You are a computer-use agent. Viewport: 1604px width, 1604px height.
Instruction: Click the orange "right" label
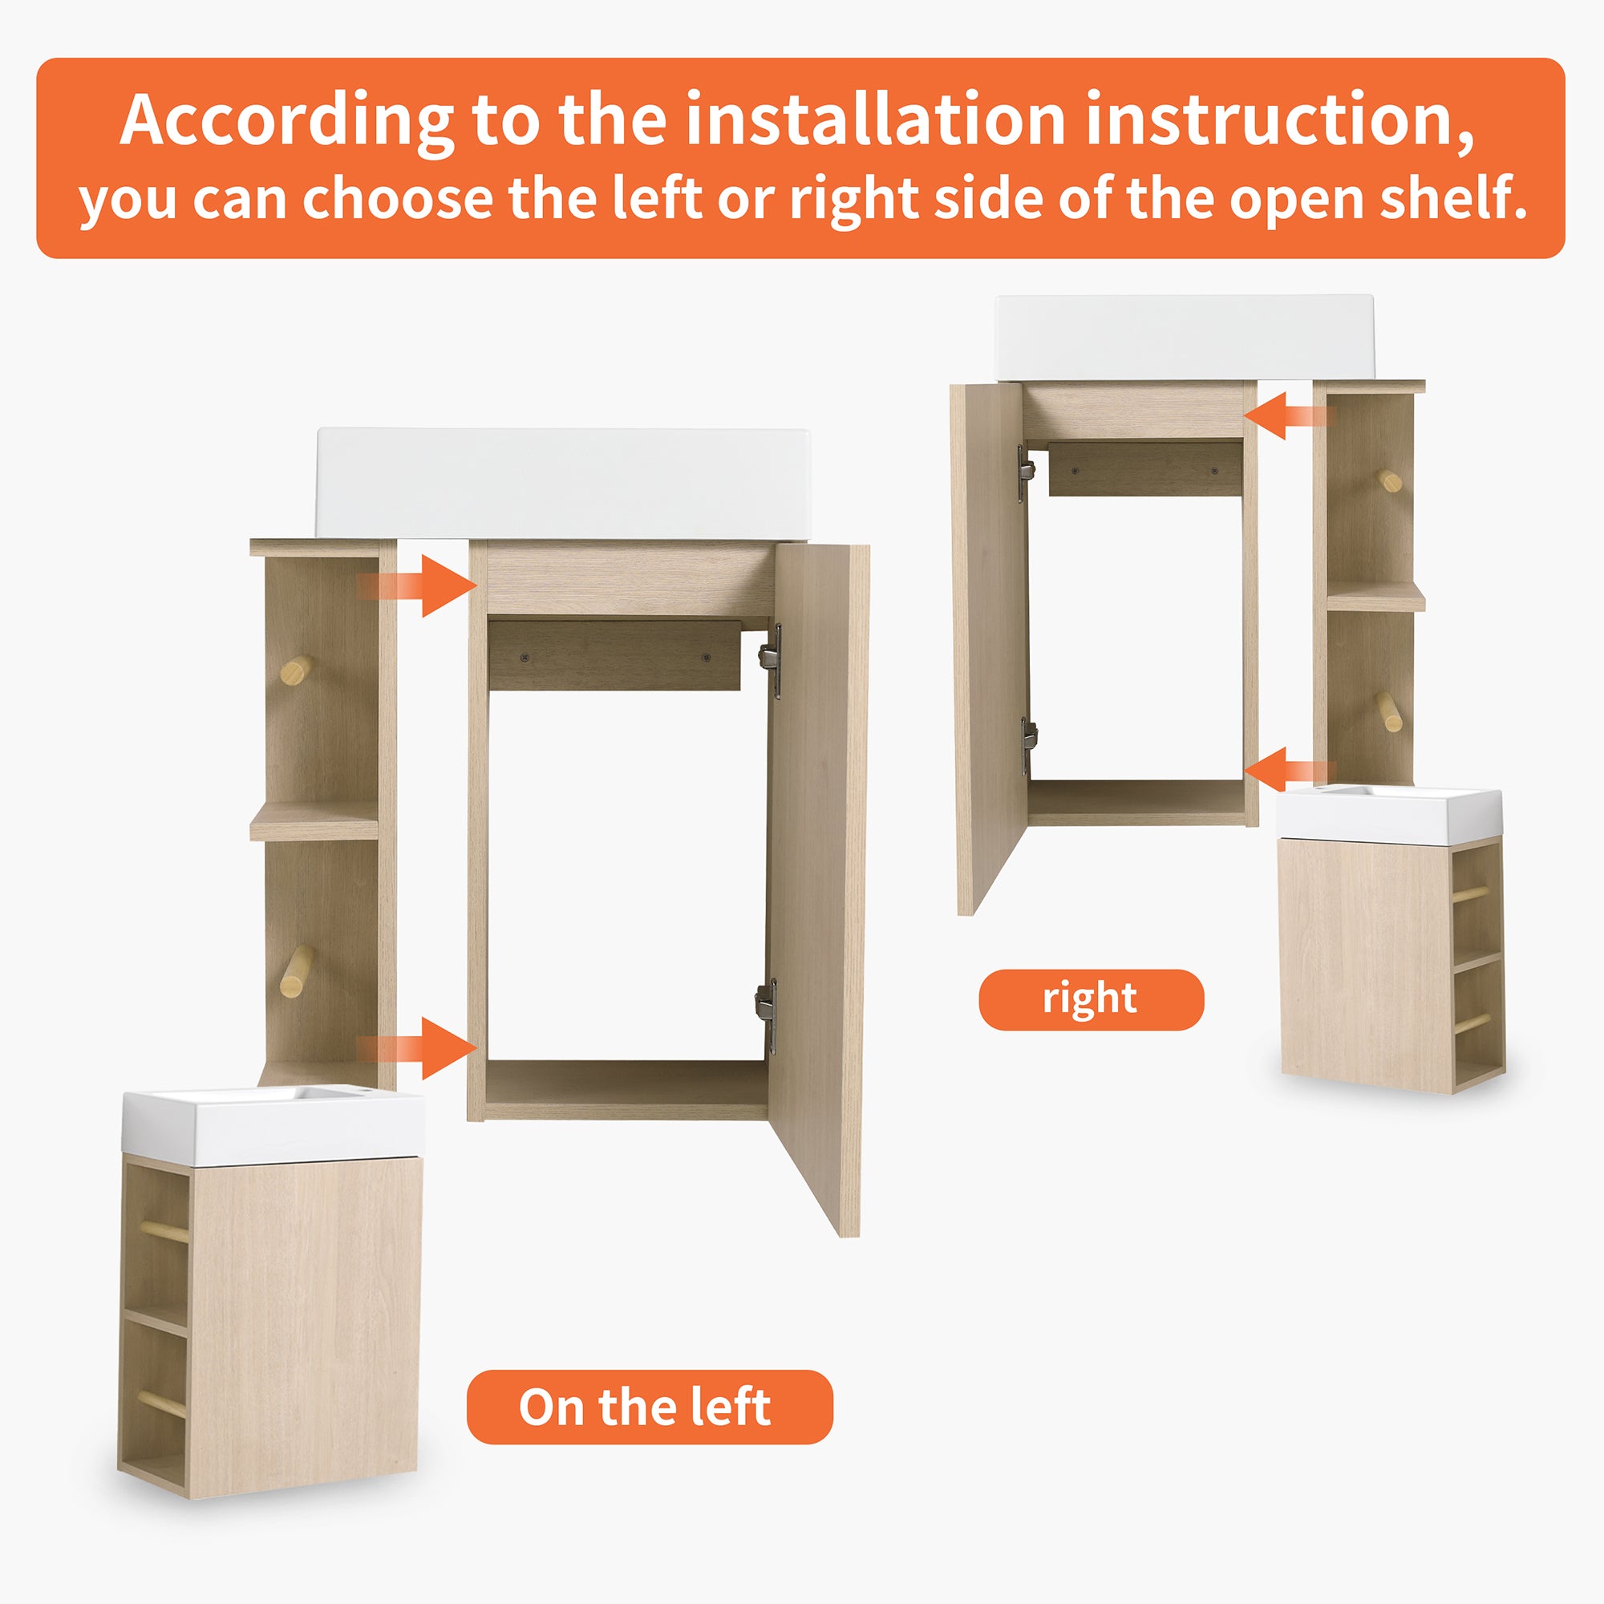pos(1091,999)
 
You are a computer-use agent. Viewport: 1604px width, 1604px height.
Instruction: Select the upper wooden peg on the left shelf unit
pos(297,669)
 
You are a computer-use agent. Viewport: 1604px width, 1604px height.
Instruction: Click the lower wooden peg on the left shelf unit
pos(296,972)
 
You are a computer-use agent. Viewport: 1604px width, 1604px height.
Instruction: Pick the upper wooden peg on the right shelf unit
pos(1391,480)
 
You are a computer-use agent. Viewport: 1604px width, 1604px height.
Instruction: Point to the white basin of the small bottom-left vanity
pos(273,1127)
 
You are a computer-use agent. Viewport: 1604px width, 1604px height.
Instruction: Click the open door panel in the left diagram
pos(818,889)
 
